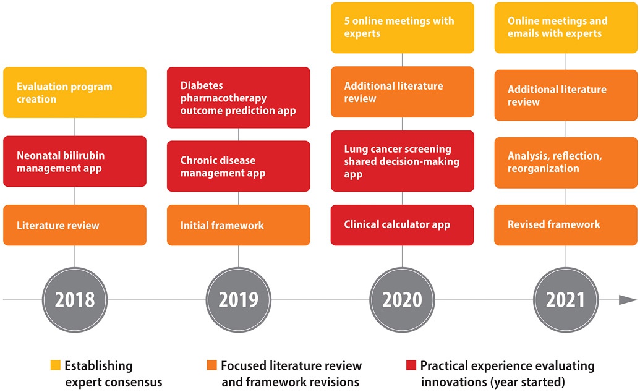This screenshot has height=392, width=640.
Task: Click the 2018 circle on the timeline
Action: pyautogui.click(x=75, y=300)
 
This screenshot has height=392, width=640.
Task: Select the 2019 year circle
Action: pyautogui.click(x=239, y=300)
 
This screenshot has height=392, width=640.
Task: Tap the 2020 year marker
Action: pyautogui.click(x=402, y=300)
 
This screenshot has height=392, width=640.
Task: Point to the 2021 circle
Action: pyautogui.click(x=566, y=300)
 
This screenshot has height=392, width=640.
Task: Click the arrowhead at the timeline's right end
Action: pyautogui.click(x=628, y=300)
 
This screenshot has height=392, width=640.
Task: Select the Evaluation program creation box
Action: pyautogui.click(x=75, y=93)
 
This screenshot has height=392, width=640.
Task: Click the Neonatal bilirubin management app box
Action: pyautogui.click(x=75, y=161)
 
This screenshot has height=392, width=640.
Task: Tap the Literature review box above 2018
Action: pyautogui.click(x=75, y=225)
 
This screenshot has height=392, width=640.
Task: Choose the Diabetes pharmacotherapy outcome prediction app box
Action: pyautogui.click(x=239, y=98)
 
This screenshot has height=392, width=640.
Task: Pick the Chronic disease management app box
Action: pyautogui.click(x=239, y=166)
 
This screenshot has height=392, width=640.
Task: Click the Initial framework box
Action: pyautogui.click(x=239, y=225)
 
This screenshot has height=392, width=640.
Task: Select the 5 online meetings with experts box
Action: pyautogui.click(x=402, y=28)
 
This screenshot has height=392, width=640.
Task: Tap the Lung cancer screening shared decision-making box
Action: pyautogui.click(x=402, y=161)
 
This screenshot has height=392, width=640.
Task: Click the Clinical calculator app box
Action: pyautogui.click(x=402, y=225)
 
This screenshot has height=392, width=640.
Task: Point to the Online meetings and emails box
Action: pyautogui.click(x=566, y=28)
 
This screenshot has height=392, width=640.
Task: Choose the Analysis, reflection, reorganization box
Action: pyautogui.click(x=566, y=161)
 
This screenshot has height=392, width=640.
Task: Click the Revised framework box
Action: pyautogui.click(x=566, y=225)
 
